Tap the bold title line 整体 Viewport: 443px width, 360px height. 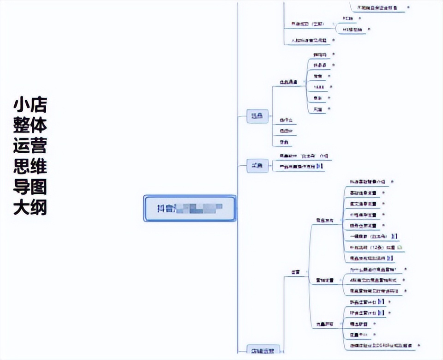point(30,126)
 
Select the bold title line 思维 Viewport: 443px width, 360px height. point(30,167)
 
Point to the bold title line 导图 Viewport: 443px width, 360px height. point(30,187)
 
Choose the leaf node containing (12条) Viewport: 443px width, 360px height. point(367,247)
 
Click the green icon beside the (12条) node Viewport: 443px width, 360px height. point(400,247)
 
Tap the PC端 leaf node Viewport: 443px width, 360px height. point(348,18)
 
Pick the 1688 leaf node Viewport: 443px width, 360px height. point(318,87)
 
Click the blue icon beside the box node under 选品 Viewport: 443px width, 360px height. point(321,166)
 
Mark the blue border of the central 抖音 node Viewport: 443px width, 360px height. point(190,196)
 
